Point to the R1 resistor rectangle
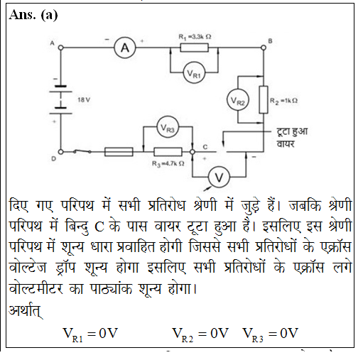point(195,48)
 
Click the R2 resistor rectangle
point(264,99)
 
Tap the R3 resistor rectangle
point(168,152)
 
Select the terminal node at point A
point(61,48)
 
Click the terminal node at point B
point(264,48)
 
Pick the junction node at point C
point(193,152)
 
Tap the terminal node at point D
point(61,152)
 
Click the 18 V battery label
point(84,100)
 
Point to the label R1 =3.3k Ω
point(195,37)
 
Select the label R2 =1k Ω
point(283,101)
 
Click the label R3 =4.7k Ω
point(168,164)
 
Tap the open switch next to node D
point(82,151)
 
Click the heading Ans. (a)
point(33,15)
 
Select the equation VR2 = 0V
point(200,334)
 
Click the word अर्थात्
point(26,310)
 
